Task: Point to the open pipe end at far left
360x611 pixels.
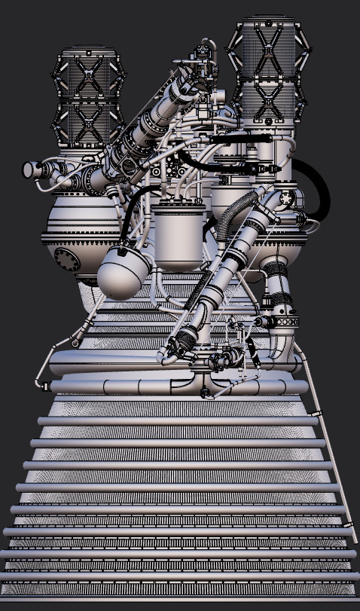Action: (28, 170)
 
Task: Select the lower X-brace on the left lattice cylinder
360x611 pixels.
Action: (90, 121)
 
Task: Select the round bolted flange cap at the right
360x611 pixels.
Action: (287, 199)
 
